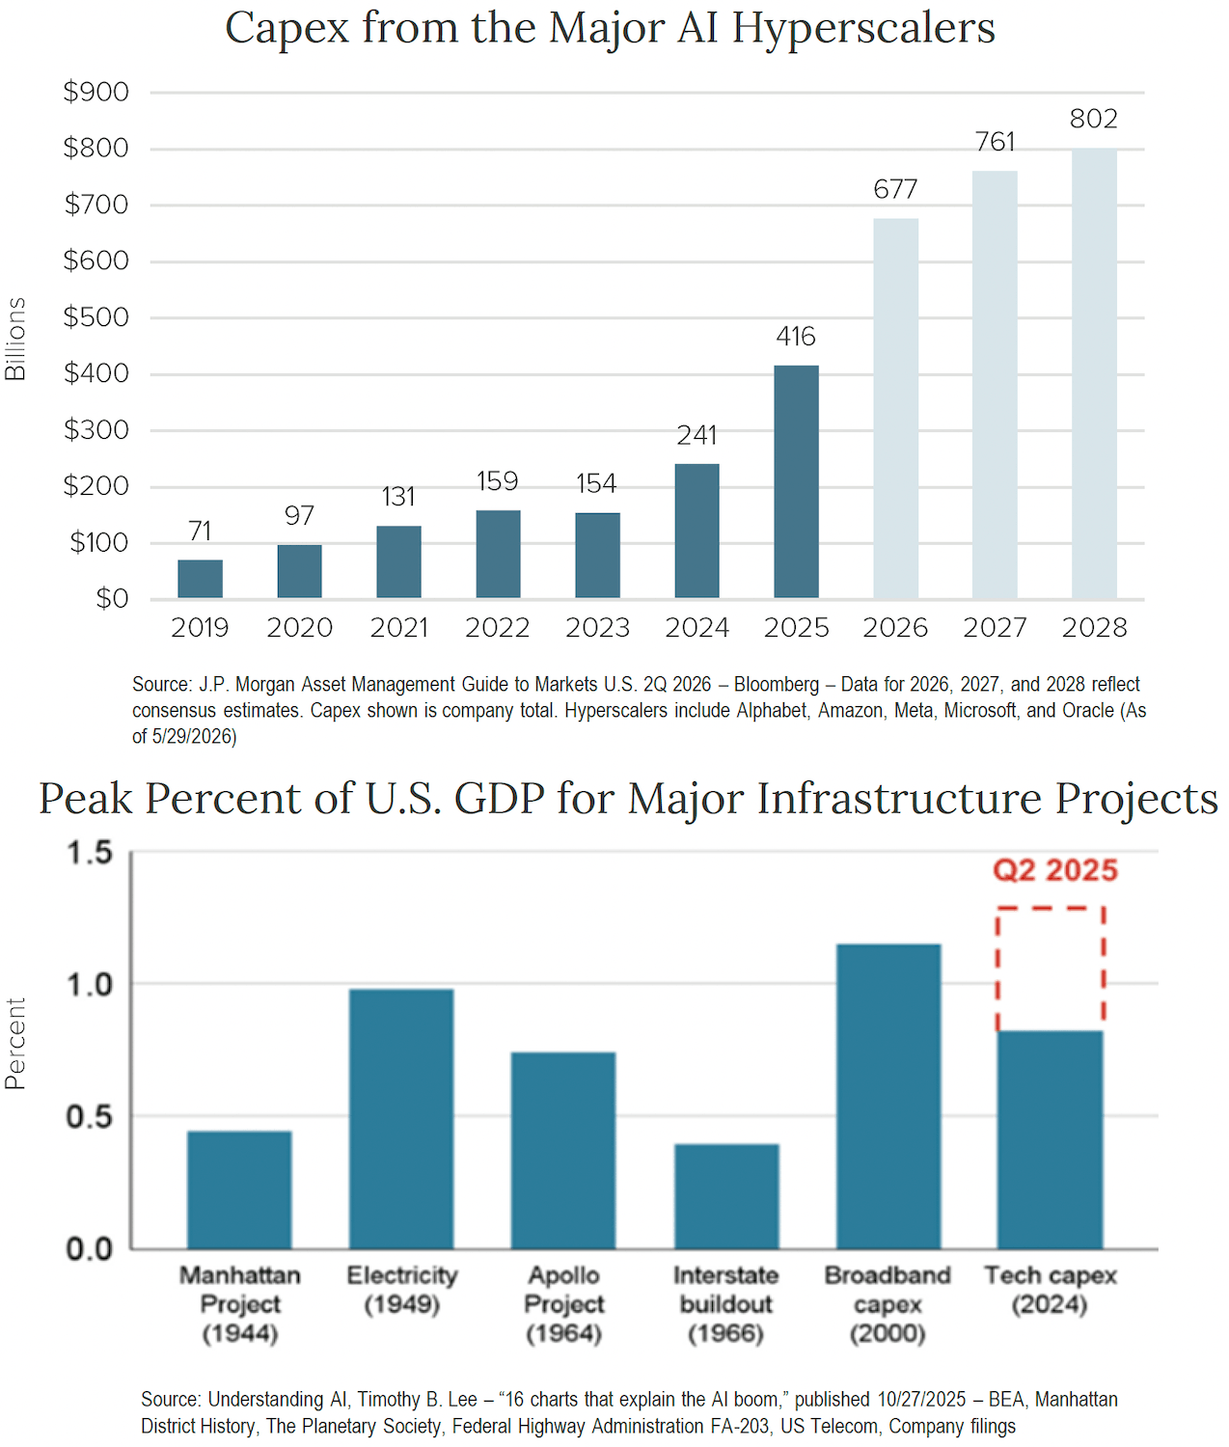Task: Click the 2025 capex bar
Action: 796,481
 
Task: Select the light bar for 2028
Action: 1094,373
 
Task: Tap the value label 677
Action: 895,189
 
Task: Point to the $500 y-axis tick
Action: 96,317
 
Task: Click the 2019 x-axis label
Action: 200,627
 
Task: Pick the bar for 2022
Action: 498,554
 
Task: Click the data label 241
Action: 696,435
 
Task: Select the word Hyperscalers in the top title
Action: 863,29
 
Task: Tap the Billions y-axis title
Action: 15,339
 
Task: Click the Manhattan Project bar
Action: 239,1190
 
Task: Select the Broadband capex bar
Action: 888,1097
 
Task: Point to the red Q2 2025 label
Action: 1055,870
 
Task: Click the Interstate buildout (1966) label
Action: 725,1305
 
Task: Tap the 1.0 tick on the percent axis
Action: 90,985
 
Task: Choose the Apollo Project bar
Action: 563,1151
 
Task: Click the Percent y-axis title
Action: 15,1044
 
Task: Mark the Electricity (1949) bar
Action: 401,1119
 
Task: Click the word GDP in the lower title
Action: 500,799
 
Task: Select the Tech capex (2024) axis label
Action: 1051,1291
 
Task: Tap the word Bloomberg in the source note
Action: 777,684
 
